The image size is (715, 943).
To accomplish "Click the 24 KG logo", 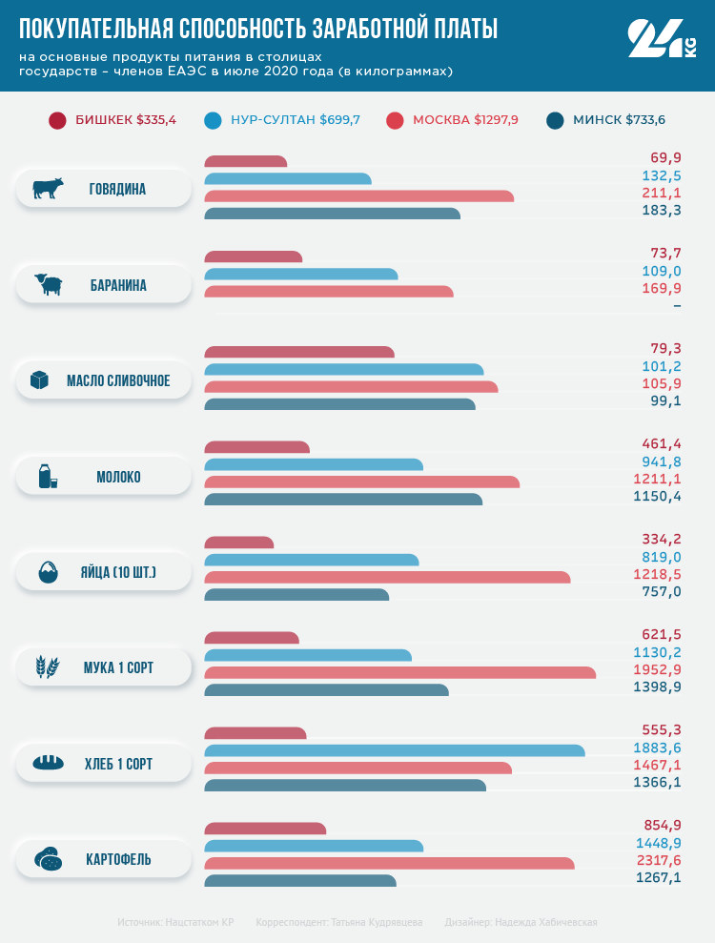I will point(662,40).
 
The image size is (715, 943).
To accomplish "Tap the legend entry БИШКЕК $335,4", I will point(112,120).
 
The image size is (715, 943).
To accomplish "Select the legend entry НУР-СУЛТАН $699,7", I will point(282,120).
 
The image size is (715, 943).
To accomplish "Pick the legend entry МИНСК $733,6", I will point(606,120).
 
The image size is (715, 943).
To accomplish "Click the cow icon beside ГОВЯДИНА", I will point(48,189).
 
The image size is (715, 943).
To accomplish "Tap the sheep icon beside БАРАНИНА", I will point(48,284).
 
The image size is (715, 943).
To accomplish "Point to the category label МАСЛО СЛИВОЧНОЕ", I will point(118,381).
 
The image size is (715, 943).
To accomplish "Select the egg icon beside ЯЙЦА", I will point(48,573).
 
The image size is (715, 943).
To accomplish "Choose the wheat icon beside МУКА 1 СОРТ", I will point(48,667).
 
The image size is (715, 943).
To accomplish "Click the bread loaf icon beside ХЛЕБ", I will point(48,763).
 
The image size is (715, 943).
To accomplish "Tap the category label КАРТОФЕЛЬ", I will point(118,860).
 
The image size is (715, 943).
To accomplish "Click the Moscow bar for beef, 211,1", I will point(358,196).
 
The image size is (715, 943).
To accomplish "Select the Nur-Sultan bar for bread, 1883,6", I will point(395,750).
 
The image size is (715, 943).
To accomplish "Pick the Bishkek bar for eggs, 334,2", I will point(239,543).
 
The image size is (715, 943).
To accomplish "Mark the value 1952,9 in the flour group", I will point(657,669).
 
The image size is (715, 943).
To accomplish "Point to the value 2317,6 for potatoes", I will point(657,860).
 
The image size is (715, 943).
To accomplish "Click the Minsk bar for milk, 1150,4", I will point(343,499).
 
